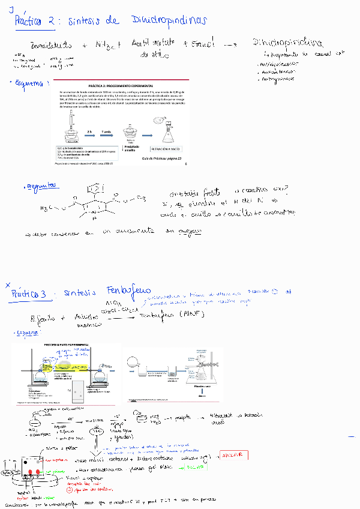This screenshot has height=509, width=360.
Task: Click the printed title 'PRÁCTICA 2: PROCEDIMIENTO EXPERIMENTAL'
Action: pos(120,86)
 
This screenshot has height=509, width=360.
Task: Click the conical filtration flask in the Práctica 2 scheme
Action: pos(167,130)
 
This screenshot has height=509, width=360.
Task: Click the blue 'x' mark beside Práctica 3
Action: pos(8,285)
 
